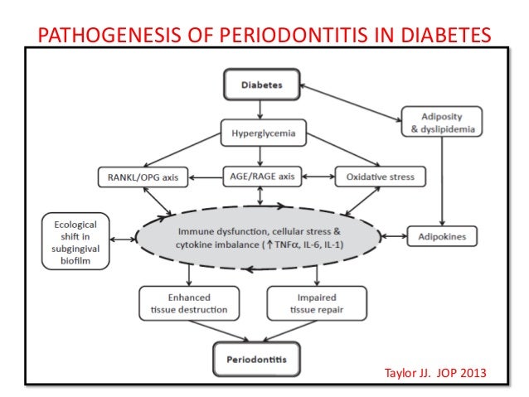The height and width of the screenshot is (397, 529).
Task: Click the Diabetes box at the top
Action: tap(260, 85)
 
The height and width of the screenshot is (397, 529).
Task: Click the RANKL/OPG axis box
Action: tap(140, 177)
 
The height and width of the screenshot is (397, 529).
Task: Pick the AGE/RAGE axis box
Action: tap(260, 177)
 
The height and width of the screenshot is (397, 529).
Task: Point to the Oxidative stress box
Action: tap(381, 177)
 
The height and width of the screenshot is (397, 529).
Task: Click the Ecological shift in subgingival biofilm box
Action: tap(75, 241)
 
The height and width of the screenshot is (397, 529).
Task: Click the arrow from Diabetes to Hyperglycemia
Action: tap(260, 108)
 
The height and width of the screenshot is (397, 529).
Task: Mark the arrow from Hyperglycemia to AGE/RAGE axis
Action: tap(260, 154)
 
